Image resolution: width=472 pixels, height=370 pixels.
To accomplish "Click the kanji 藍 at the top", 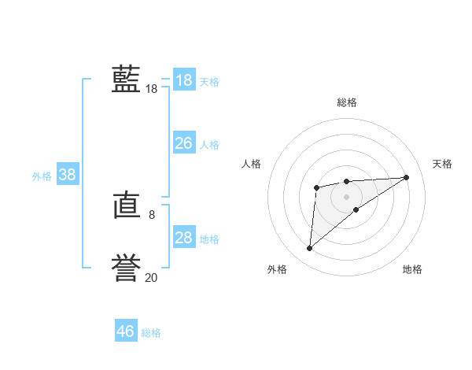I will pyautogui.click(x=126, y=80).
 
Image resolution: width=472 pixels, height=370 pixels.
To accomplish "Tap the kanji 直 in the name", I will pyautogui.click(x=126, y=207).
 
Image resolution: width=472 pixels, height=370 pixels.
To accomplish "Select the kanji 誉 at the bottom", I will pyautogui.click(x=126, y=268).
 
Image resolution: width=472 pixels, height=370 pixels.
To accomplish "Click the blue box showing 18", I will pyautogui.click(x=183, y=80).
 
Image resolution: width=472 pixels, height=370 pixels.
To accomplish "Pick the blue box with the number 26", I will pyautogui.click(x=183, y=143).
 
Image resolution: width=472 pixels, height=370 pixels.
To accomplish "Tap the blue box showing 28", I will pyautogui.click(x=183, y=238).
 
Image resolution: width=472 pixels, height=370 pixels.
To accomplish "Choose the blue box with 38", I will pyautogui.click(x=67, y=175).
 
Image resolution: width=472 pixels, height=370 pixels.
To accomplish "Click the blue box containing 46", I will pyautogui.click(x=125, y=331).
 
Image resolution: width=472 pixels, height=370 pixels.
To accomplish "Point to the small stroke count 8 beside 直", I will pyautogui.click(x=152, y=214).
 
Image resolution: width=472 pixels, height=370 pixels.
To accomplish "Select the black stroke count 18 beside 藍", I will pyautogui.click(x=152, y=89).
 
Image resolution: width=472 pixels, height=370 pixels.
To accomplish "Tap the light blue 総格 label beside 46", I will pyautogui.click(x=151, y=333).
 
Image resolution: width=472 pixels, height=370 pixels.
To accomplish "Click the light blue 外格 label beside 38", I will pyautogui.click(x=42, y=176).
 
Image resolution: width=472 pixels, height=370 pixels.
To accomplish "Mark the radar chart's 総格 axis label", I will pyautogui.click(x=346, y=102).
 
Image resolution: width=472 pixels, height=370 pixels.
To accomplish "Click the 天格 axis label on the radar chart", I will pyautogui.click(x=442, y=164).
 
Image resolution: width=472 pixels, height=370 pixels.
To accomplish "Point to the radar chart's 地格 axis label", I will pyautogui.click(x=412, y=269).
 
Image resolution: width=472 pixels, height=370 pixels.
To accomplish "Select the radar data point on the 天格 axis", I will pyautogui.click(x=406, y=177).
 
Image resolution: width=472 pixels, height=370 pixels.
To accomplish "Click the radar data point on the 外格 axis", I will pyautogui.click(x=310, y=249).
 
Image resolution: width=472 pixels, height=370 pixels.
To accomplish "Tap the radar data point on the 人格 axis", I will pyautogui.click(x=316, y=187).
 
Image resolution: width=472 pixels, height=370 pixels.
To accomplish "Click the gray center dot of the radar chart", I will pyautogui.click(x=346, y=197).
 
